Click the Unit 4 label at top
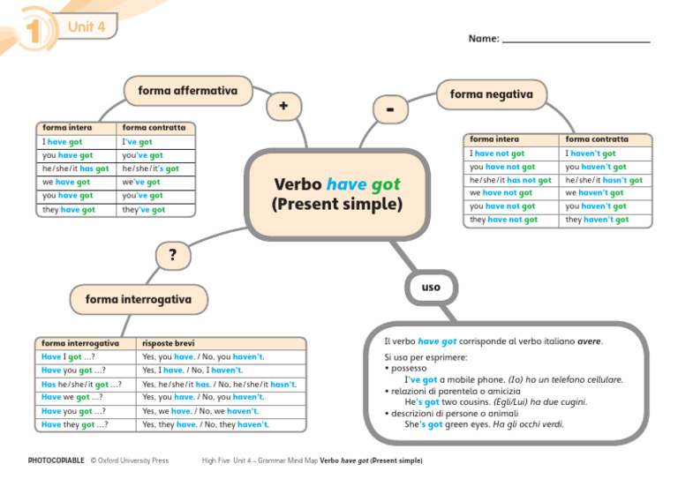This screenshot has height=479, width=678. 87,26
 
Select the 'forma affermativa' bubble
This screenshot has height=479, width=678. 187,91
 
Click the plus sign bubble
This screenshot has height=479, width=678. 282,106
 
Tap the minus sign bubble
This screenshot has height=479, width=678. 390,110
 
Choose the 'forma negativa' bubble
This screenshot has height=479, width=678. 491,94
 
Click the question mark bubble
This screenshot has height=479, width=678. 172,255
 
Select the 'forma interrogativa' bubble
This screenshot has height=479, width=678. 138,299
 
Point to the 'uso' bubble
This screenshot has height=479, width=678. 430,287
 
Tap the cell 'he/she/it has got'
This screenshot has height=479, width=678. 76,168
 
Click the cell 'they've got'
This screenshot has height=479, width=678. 144,210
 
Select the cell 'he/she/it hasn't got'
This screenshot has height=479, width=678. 604,180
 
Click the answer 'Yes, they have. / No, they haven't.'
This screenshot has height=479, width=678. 205,424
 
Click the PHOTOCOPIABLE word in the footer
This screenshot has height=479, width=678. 56,460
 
